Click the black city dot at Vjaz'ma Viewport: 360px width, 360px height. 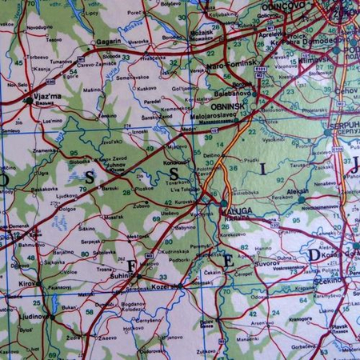(29, 101)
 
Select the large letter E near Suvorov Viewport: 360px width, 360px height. (227, 260)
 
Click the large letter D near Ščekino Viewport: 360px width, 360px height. (314, 255)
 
